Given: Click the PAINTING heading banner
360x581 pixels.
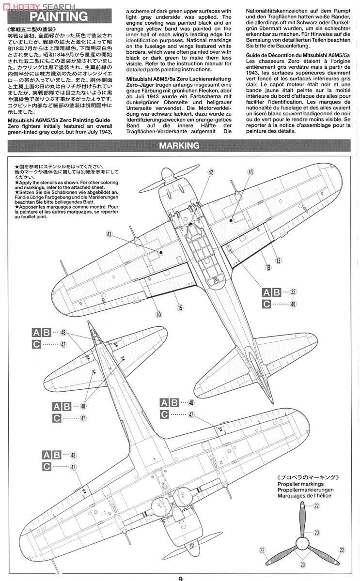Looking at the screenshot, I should point(59,17).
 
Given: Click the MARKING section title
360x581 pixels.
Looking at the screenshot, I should point(180,145).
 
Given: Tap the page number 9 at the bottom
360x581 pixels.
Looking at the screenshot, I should point(180,577).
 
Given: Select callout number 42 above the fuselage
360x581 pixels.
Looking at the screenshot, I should point(211,172).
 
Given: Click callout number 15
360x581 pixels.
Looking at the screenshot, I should point(180,307).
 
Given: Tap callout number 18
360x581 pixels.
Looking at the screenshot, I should point(267,267).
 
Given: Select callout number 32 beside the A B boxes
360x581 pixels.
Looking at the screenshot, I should point(293,292).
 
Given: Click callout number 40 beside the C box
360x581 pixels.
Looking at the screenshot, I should point(293,304).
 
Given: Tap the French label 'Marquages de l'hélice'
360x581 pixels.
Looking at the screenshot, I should point(308,495).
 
